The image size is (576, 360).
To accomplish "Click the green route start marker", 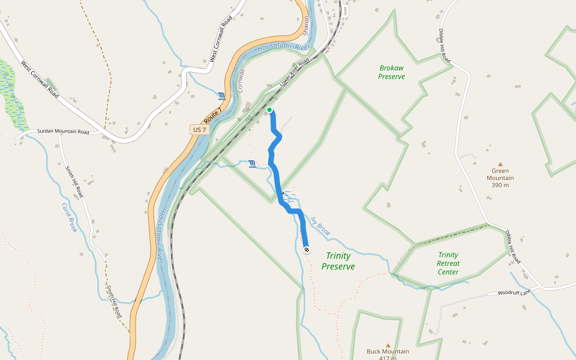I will coord(269,110).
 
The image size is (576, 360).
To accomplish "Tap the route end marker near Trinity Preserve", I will coord(307,249).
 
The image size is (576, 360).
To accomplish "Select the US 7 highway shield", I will coord(199,130).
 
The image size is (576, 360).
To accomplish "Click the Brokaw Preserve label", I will coord(391,72).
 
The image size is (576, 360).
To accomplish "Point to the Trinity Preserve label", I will coord(338,261).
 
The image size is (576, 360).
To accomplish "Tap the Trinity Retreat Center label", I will coord(448,263).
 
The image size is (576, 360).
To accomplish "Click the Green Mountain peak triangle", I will coord(500,164).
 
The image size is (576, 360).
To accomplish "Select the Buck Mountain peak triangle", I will coord(388,345).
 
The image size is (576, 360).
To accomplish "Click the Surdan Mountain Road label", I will coord(63,131).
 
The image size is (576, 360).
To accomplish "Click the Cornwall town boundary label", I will coord(242,80).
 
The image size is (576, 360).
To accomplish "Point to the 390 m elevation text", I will coord(500,185).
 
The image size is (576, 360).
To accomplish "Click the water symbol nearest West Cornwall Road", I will coord(222,96).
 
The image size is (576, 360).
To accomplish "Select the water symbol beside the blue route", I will coord(252,164).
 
